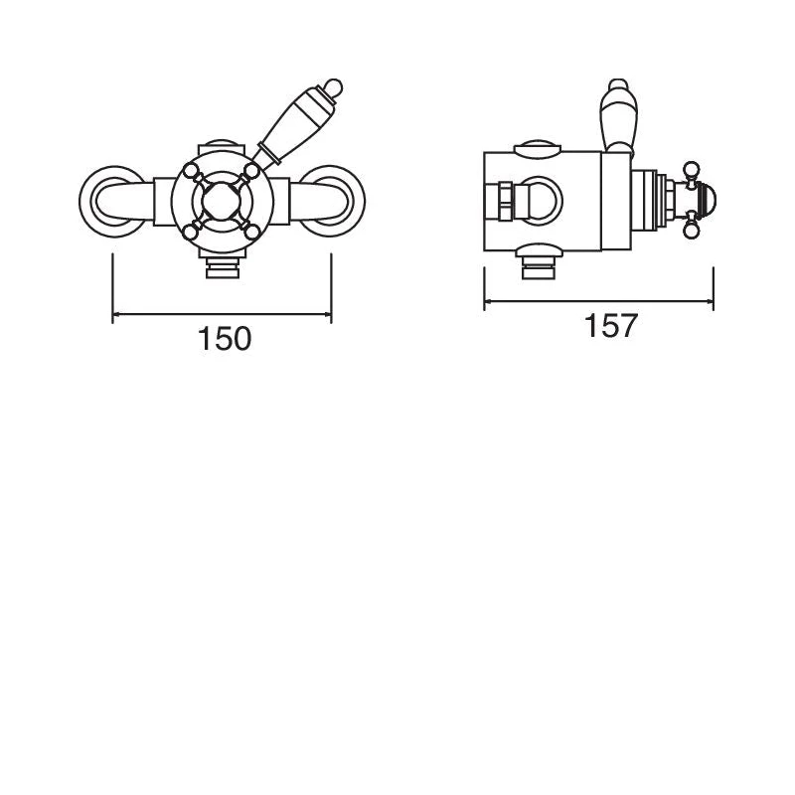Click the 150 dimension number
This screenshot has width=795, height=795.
[x=225, y=339]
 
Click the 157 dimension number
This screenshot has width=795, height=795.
[x=610, y=326]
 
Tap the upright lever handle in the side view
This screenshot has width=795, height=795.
[x=617, y=115]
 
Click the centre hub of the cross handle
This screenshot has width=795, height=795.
[x=222, y=202]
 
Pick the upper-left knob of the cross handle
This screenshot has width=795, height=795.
[x=191, y=171]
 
